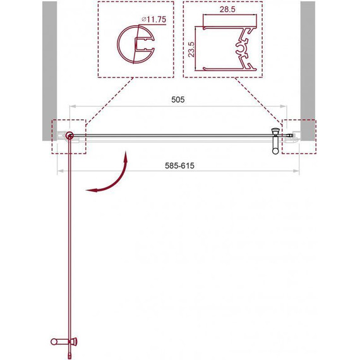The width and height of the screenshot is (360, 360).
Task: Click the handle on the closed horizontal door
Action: (x=275, y=141)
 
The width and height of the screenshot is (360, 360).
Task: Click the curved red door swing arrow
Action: (x=114, y=180)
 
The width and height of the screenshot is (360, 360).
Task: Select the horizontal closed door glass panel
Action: (x=171, y=135)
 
